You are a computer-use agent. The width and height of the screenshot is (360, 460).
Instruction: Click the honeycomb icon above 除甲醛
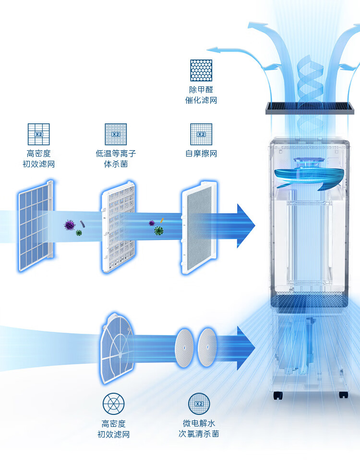tap(201, 70)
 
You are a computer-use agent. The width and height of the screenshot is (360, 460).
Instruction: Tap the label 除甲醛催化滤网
tap(201, 95)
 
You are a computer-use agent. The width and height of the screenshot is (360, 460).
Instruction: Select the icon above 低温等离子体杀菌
tap(116, 134)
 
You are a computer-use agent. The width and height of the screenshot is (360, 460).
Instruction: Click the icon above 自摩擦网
tap(201, 134)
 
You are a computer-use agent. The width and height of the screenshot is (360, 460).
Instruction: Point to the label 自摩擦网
tap(201, 154)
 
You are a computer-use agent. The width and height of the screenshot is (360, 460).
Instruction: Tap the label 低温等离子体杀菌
tap(116, 159)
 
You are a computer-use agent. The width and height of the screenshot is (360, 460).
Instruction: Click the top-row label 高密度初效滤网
tap(39, 159)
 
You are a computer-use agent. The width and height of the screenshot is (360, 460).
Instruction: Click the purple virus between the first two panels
tap(70, 224)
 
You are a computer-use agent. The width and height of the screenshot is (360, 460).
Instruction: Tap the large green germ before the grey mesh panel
tap(158, 230)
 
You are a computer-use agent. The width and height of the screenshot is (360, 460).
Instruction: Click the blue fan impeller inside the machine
tap(307, 176)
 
